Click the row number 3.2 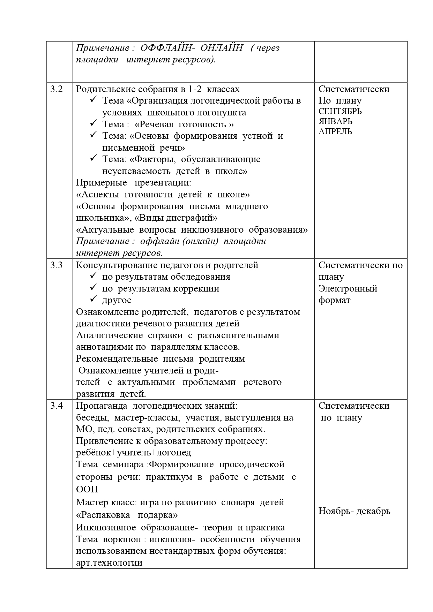pyautogui.click(x=56, y=89)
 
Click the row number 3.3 pyautogui.click(x=56, y=265)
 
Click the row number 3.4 pyautogui.click(x=56, y=406)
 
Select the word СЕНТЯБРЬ pyautogui.click(x=340, y=112)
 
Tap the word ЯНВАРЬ pyautogui.click(x=335, y=122)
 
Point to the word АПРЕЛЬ pyautogui.click(x=335, y=132)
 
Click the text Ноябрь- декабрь pyautogui.click(x=354, y=511)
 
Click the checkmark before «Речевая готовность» pyautogui.click(x=93, y=124)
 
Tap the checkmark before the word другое pyautogui.click(x=93, y=300)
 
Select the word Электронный pyautogui.click(x=348, y=289)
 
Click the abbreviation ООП pyautogui.click(x=87, y=489)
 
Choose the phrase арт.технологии pyautogui.click(x=109, y=562)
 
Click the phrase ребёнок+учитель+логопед pyautogui.click(x=134, y=453)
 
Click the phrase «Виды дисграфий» pyautogui.click(x=176, y=218)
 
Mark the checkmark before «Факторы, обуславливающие pyautogui.click(x=93, y=159)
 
